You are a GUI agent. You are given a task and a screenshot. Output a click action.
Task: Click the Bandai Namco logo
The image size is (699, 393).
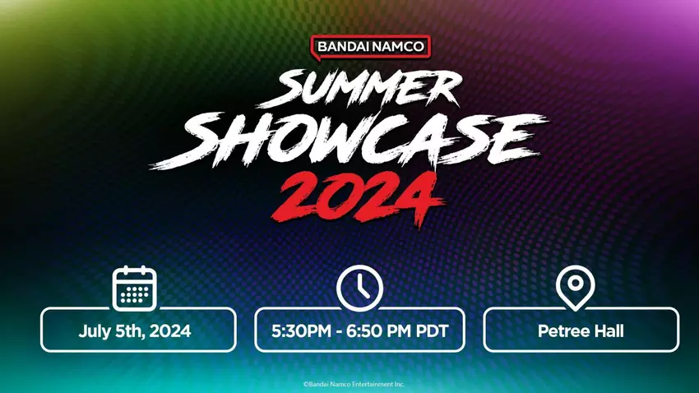point(370,47)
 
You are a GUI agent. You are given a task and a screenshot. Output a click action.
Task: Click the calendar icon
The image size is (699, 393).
point(134,289)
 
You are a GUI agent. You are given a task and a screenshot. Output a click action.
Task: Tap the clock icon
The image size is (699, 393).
point(359,289)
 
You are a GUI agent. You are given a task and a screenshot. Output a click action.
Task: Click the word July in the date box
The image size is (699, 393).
point(94,332)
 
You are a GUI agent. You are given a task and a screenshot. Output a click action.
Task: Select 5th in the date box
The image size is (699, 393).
point(127,332)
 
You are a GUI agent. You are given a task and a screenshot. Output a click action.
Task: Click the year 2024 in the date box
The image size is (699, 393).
point(170,332)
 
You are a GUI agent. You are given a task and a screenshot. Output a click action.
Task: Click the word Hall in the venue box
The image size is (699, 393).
point(608,332)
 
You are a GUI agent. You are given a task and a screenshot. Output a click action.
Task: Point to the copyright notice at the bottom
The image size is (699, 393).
point(354,384)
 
